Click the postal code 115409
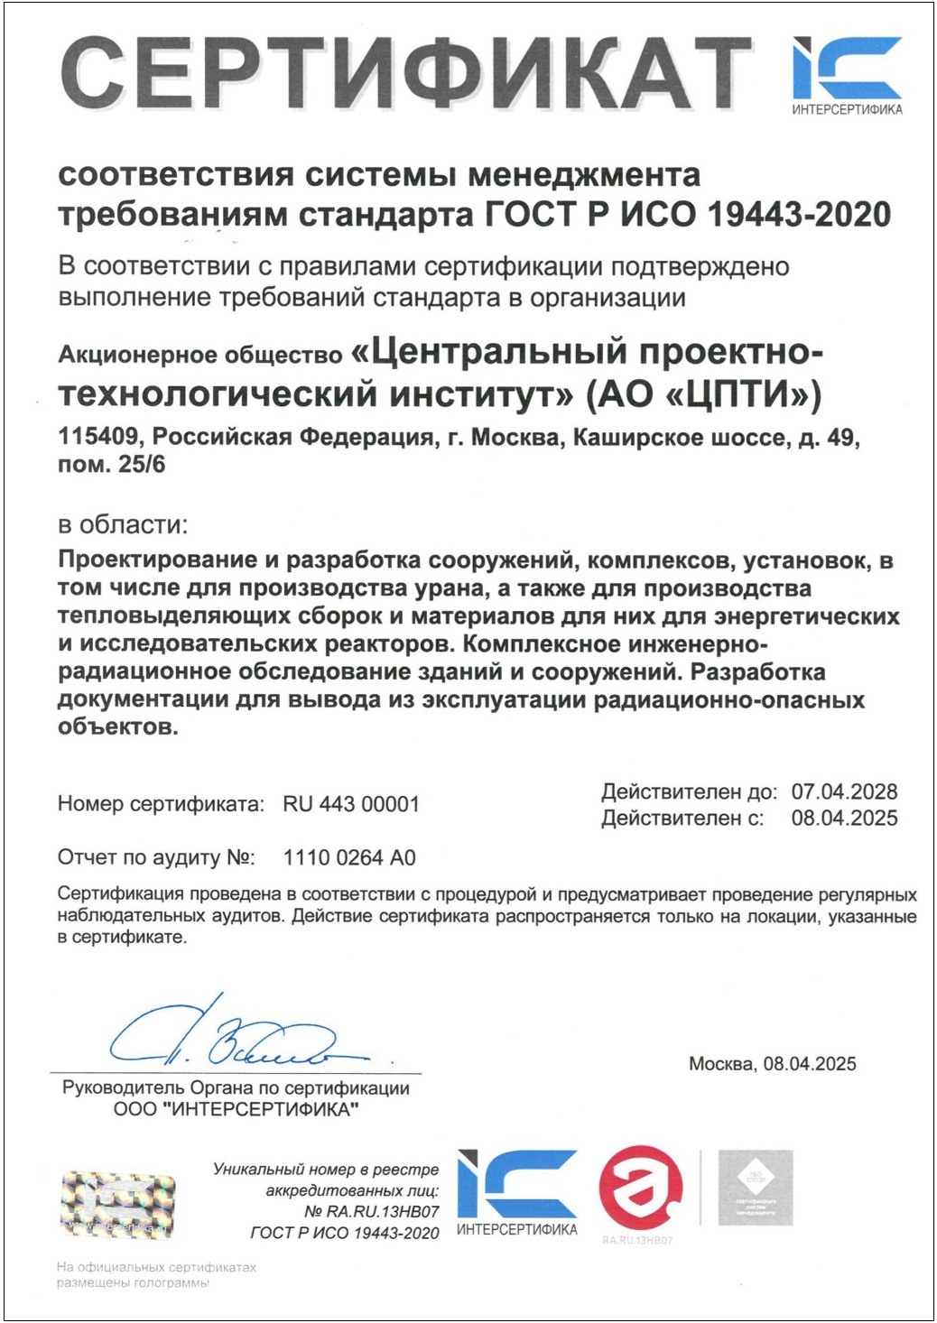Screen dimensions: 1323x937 tap(98, 438)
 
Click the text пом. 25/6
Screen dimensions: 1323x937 tap(111, 466)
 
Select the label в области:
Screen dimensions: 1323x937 tap(123, 524)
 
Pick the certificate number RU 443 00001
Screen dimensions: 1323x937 tap(351, 804)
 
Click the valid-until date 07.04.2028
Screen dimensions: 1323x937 tap(844, 791)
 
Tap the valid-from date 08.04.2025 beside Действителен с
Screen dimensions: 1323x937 tap(844, 819)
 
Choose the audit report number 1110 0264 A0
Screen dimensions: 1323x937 tap(349, 857)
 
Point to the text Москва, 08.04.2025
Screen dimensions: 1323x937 tap(772, 1064)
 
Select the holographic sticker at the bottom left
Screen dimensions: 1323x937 tap(117, 1205)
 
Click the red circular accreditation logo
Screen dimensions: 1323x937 tap(641, 1189)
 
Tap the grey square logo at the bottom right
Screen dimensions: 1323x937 tap(755, 1188)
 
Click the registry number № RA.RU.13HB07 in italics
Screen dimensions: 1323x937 tap(371, 1211)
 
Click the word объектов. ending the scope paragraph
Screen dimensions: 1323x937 tap(117, 727)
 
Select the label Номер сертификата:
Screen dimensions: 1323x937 tap(161, 804)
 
